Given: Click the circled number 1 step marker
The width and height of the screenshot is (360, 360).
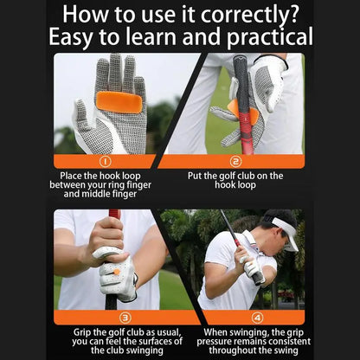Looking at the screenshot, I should [105, 161].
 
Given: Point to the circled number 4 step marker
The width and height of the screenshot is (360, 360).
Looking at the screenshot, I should [256, 318].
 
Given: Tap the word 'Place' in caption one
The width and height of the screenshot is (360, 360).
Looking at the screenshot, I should [73, 175].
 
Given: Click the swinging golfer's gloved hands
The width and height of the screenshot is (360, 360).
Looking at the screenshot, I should [252, 271].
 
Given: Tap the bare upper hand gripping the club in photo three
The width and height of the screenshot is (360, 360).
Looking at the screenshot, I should [106, 236].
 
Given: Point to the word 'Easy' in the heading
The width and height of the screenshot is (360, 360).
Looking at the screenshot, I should [75, 38].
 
